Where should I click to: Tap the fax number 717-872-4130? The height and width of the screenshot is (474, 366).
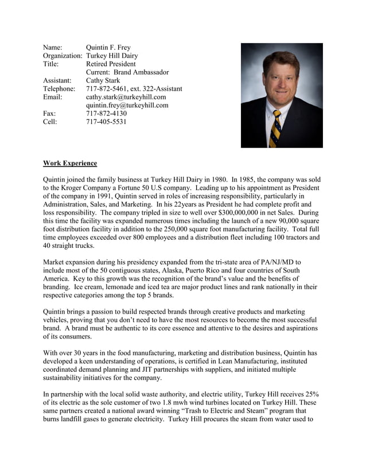pos(106,114)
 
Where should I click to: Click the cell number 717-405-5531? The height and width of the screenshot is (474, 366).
pos(106,122)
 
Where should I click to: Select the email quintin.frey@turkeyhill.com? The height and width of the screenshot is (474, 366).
pos(127,106)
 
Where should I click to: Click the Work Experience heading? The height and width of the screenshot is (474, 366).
pos(70,163)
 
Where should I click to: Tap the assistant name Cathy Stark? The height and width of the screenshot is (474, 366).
pos(103,81)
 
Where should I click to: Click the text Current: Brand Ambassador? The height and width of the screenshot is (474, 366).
pos(127,72)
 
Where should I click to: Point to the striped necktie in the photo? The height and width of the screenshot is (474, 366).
pos(277,127)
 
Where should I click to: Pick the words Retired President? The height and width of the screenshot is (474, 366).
pos(110,64)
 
